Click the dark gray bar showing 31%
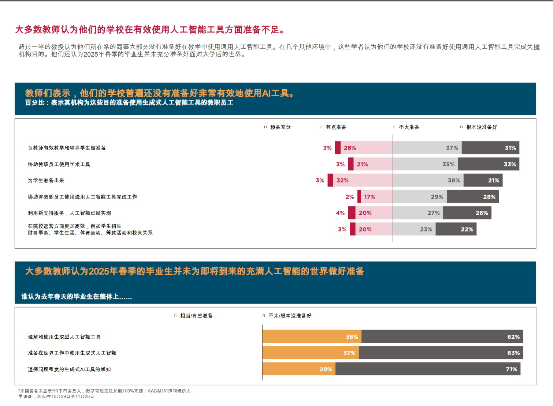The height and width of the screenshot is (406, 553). (x=490, y=148)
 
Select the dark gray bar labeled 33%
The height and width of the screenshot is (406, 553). (x=488, y=164)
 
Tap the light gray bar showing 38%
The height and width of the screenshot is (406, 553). (x=428, y=180)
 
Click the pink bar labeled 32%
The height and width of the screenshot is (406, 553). (x=363, y=180)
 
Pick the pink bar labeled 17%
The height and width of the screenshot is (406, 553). (x=377, y=197)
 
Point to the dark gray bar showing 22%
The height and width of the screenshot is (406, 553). (x=456, y=229)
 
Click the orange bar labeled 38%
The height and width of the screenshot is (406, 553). (x=312, y=337)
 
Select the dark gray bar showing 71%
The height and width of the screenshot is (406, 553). (x=428, y=369)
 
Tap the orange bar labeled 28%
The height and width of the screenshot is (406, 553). (x=299, y=369)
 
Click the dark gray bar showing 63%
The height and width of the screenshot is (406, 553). (x=441, y=353)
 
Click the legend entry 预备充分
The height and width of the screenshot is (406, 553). (x=280, y=127)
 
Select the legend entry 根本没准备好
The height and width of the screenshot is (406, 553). (x=481, y=127)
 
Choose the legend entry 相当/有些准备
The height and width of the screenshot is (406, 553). (x=196, y=316)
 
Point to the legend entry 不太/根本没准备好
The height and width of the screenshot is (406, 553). (x=290, y=316)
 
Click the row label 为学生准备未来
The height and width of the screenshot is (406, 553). (x=46, y=180)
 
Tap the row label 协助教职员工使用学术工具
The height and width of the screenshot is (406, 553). (x=59, y=164)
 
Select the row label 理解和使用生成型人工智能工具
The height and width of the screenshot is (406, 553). (x=64, y=337)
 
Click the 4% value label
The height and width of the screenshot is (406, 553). (x=340, y=213)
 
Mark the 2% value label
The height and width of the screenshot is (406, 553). (x=350, y=197)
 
